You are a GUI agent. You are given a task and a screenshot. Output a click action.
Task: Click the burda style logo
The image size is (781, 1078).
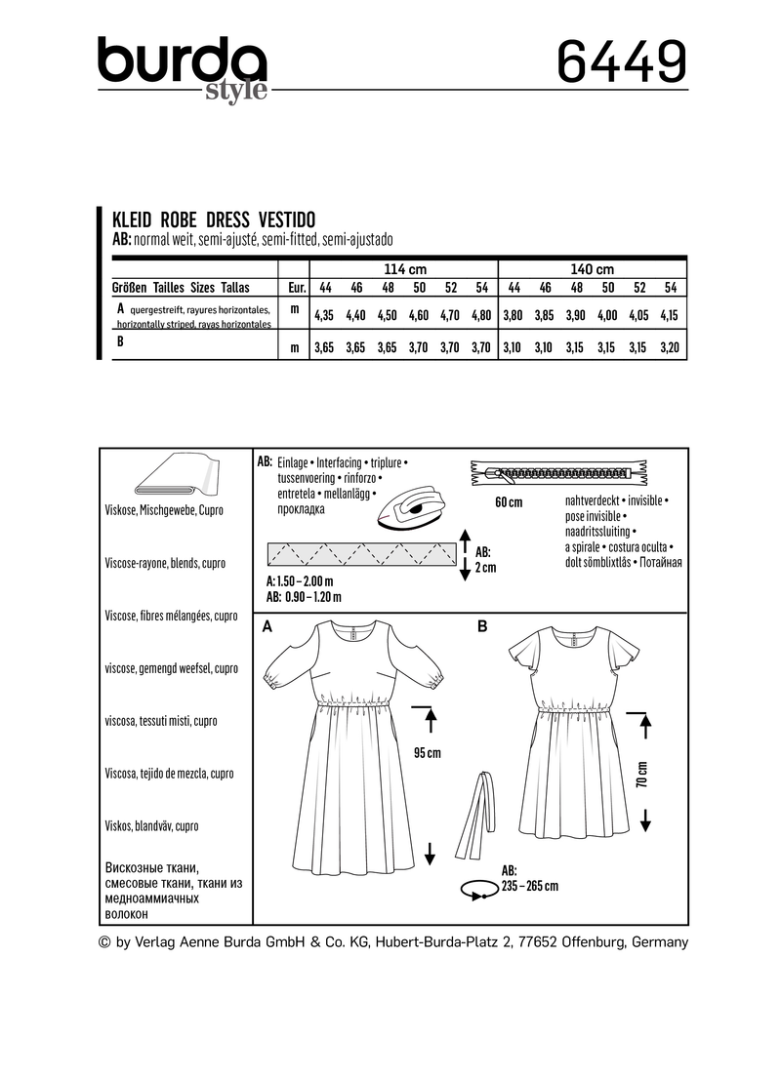coord(182,68)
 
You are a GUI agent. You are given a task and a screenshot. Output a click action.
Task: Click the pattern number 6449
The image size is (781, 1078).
coord(621,63)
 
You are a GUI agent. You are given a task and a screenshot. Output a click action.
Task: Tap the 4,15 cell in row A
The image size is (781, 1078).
coord(670,315)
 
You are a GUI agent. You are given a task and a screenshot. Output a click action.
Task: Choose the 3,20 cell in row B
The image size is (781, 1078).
coord(670,346)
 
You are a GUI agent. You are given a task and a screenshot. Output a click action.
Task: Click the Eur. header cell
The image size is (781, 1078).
coord(294,287)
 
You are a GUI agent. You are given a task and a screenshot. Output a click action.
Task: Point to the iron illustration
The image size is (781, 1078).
coord(411,507)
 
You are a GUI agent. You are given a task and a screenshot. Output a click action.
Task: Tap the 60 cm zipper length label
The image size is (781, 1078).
coord(509,502)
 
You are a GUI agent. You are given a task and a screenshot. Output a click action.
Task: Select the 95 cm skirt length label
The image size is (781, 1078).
coord(427,753)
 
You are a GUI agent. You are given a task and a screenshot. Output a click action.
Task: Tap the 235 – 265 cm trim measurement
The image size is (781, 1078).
coord(529,886)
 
